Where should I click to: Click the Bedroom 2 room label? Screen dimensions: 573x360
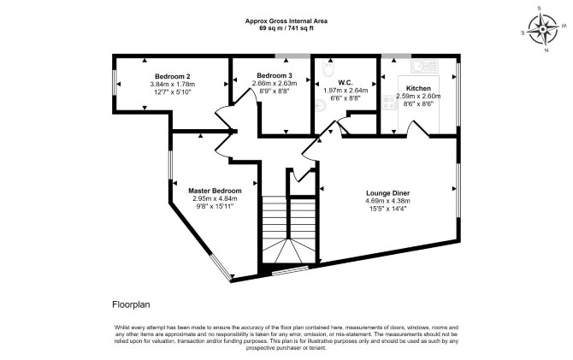tap(173, 76)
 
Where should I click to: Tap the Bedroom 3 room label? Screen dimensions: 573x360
tap(274, 75)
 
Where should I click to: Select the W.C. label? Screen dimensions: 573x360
tap(346, 83)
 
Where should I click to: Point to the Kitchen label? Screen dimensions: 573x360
tap(418, 88)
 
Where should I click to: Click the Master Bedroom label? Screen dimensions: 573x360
tap(215, 191)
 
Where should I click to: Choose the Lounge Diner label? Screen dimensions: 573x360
tap(387, 193)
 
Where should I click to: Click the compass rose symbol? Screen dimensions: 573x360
tap(543, 29)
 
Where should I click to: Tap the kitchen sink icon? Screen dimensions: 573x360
tap(423, 67)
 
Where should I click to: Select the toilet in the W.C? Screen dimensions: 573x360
tap(328, 68)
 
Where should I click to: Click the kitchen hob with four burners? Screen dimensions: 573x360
tap(389, 103)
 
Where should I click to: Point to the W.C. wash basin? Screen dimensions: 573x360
tap(320, 105)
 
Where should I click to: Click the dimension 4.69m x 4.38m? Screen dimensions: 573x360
tap(387, 201)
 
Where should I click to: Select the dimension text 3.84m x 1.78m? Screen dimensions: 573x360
tap(173, 85)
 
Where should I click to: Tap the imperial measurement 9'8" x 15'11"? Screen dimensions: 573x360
tap(215, 206)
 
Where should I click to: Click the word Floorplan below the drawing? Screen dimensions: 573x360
tap(131, 304)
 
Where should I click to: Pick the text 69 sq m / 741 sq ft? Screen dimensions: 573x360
tap(286, 27)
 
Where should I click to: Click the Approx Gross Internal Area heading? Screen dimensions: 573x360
tap(286, 21)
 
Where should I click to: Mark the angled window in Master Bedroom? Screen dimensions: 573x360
tap(221, 268)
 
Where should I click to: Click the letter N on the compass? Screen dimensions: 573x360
tap(546, 50)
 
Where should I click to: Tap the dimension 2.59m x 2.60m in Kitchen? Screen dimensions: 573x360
tap(418, 97)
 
